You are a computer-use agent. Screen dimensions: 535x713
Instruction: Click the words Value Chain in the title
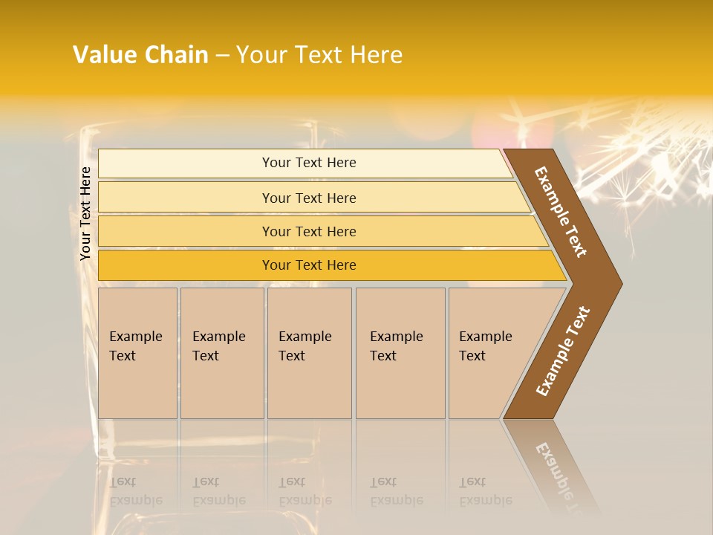(140, 55)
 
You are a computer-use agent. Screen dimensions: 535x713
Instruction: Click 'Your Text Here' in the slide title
(319, 55)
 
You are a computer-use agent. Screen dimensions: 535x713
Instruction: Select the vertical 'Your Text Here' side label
(85, 213)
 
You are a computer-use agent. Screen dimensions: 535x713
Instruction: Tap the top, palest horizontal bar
(308, 163)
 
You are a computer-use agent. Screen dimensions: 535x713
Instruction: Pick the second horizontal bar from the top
(308, 198)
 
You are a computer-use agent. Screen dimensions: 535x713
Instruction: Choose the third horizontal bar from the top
(308, 231)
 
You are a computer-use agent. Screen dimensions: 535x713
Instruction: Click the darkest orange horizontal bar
(308, 265)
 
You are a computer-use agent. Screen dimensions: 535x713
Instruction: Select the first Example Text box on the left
(137, 353)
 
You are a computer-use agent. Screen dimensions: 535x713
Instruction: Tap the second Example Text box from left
(221, 353)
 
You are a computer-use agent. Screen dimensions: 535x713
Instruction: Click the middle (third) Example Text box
(308, 353)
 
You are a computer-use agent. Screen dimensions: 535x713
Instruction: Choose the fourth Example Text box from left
(400, 353)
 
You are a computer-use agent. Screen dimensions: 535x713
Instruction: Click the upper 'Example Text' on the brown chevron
(561, 212)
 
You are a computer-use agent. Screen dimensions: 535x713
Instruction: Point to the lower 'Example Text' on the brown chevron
(562, 351)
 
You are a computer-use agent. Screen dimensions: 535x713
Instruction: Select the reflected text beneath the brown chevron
(559, 472)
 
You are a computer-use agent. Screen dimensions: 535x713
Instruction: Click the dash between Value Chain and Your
(222, 56)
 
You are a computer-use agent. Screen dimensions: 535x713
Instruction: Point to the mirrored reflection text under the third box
(305, 491)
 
